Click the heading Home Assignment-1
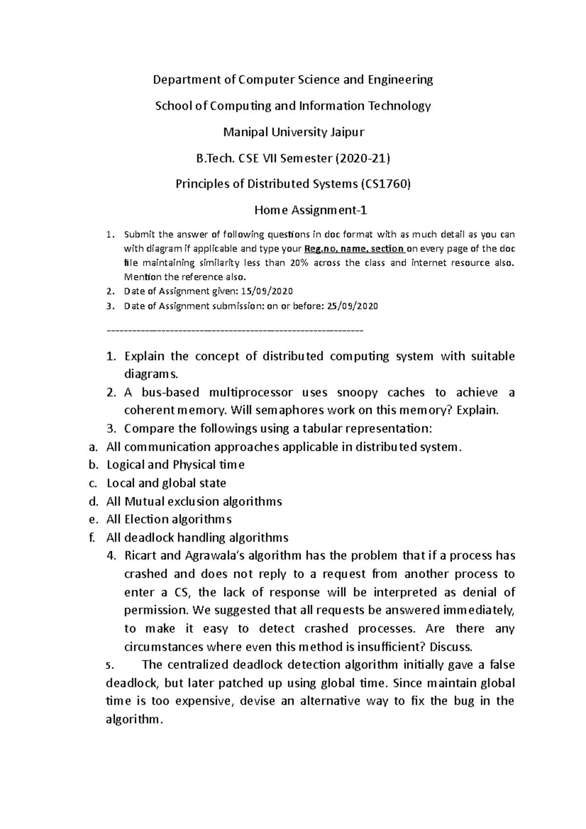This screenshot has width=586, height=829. click(x=311, y=210)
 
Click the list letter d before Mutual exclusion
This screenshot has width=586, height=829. click(x=92, y=501)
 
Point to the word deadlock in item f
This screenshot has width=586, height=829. click(x=148, y=538)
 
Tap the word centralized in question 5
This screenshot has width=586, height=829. click(x=200, y=665)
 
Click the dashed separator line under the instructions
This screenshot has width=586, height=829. click(x=234, y=331)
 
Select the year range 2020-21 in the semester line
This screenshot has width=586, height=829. click(x=364, y=158)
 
